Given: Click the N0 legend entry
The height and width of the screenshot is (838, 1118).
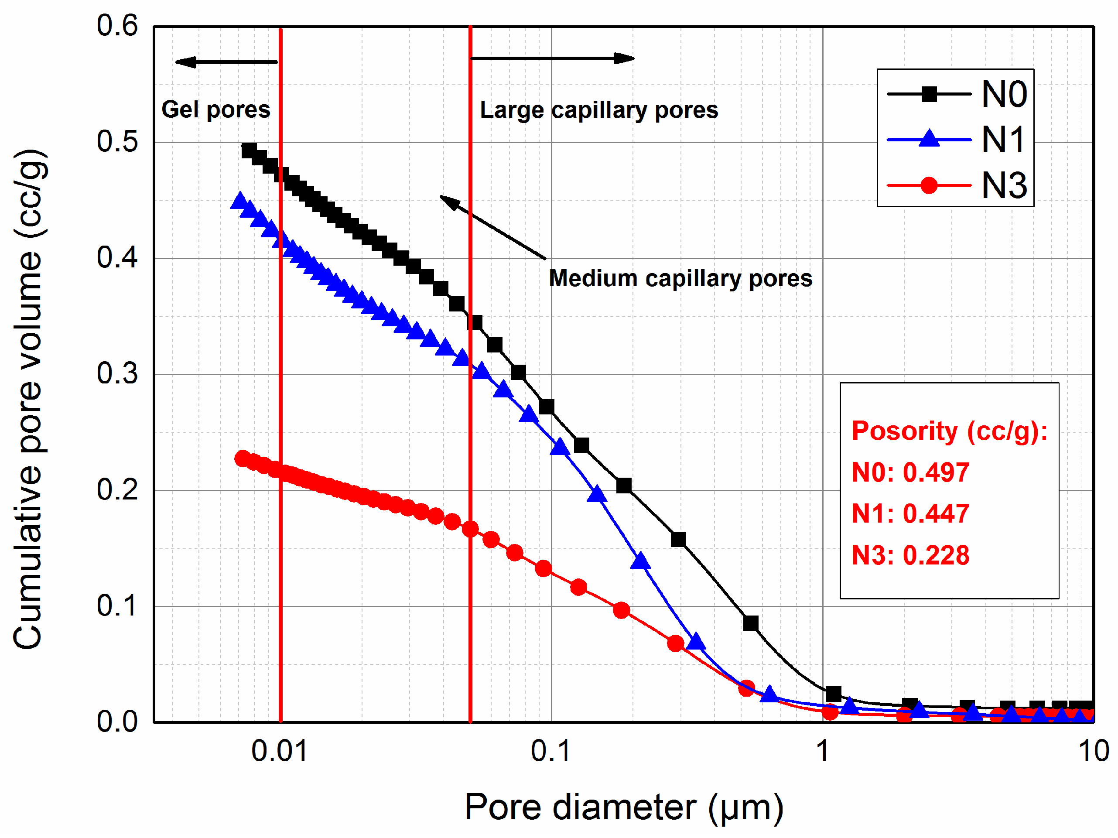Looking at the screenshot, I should pos(955,94).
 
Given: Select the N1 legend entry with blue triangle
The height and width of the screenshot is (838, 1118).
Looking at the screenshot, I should pos(955,140).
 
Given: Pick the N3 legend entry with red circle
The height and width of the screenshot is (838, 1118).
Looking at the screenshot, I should pos(955,185).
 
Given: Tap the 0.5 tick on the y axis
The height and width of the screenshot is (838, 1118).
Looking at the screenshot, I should pos(117,141).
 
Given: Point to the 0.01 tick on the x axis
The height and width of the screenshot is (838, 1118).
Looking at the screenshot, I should pos(280,751).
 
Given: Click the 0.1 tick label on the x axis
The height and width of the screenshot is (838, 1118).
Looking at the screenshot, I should pos(550,751).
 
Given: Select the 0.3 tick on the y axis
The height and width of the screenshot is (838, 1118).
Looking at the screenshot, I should pos(117,374).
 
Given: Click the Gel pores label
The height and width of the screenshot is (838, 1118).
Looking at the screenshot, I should pos(216,109).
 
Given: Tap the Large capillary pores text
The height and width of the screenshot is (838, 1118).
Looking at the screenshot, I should pos(599,110).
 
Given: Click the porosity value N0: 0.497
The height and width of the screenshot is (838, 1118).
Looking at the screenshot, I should pos(910,472).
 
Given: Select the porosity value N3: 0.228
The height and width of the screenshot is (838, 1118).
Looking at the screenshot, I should pos(910,555).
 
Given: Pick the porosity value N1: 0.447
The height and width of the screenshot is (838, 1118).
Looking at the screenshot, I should pos(910,514).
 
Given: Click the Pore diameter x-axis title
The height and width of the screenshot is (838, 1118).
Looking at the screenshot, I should pos(624,807).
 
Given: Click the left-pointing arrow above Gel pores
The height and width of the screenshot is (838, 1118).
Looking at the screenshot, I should pos(226,62).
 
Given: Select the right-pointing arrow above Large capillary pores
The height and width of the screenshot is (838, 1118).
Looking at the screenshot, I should pos(552,58).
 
